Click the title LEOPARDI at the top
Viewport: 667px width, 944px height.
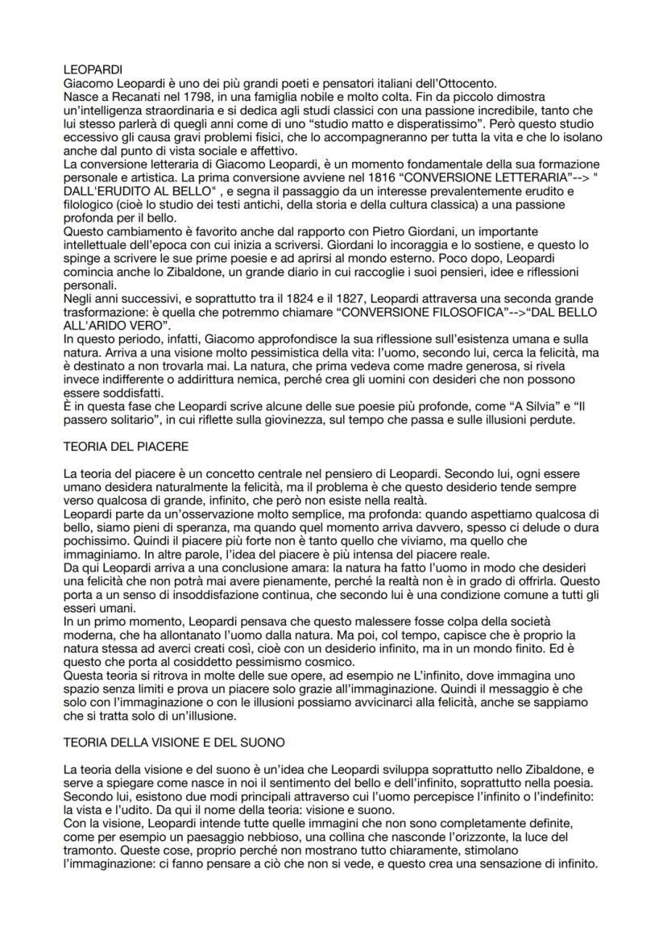click(x=89, y=71)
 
